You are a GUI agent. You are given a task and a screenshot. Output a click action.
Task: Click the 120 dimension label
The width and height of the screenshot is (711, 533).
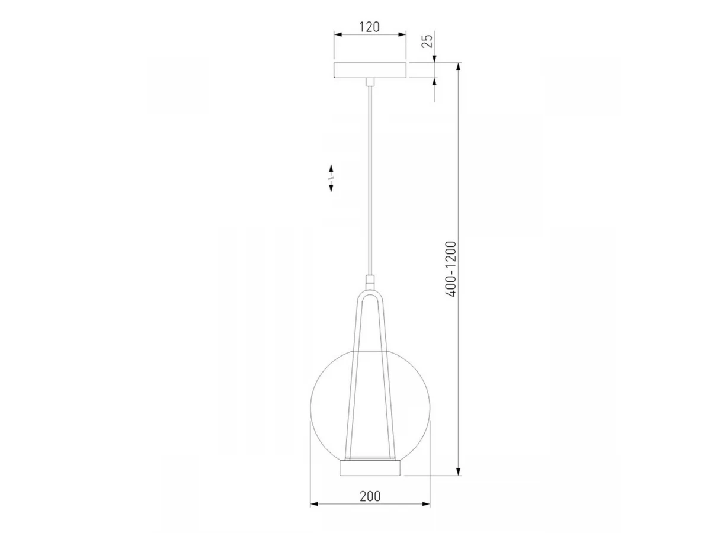pos(369,27)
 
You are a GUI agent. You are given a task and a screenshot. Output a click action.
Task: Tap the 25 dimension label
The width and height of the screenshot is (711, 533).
pos(428,41)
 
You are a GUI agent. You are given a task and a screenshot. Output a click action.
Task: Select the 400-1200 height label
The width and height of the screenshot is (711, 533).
pos(451,269)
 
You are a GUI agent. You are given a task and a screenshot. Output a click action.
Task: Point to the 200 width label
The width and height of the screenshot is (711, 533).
pos(370,496)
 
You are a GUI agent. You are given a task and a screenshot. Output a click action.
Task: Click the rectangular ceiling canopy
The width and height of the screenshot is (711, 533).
pos(370,70)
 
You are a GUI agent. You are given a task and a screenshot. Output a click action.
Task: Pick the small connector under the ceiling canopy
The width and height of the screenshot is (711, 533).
pos(370,82)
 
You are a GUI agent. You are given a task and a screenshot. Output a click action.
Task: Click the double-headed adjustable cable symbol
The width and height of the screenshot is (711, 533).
pos(331,178)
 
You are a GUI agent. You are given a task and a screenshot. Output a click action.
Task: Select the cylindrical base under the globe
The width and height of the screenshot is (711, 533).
pos(370,468)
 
